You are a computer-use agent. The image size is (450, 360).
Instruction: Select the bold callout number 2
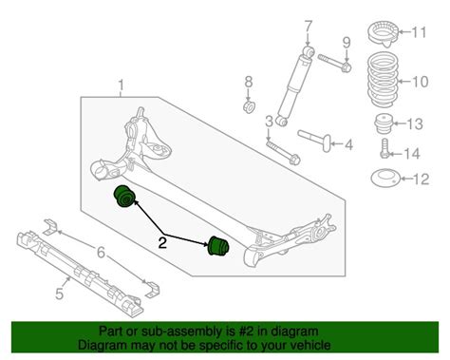tap(162, 243)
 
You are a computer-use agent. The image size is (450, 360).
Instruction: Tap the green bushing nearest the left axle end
tap(123, 197)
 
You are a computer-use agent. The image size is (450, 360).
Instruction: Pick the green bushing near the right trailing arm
tap(218, 245)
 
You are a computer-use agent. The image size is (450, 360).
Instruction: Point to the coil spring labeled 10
tap(383, 81)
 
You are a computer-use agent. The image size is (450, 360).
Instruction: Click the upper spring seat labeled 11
tap(383, 33)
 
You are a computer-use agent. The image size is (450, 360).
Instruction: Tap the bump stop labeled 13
tap(384, 124)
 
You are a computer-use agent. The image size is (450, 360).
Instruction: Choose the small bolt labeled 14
tap(384, 148)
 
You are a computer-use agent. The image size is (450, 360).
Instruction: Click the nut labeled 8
tap(250, 106)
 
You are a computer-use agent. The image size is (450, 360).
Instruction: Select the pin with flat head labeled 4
tap(315, 140)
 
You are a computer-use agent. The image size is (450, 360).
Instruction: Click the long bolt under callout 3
tap(283, 153)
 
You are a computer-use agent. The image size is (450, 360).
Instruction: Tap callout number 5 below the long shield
tap(60, 294)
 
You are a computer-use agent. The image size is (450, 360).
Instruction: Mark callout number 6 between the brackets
tap(101, 253)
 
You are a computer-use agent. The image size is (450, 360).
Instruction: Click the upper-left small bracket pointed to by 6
tap(50, 227)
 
